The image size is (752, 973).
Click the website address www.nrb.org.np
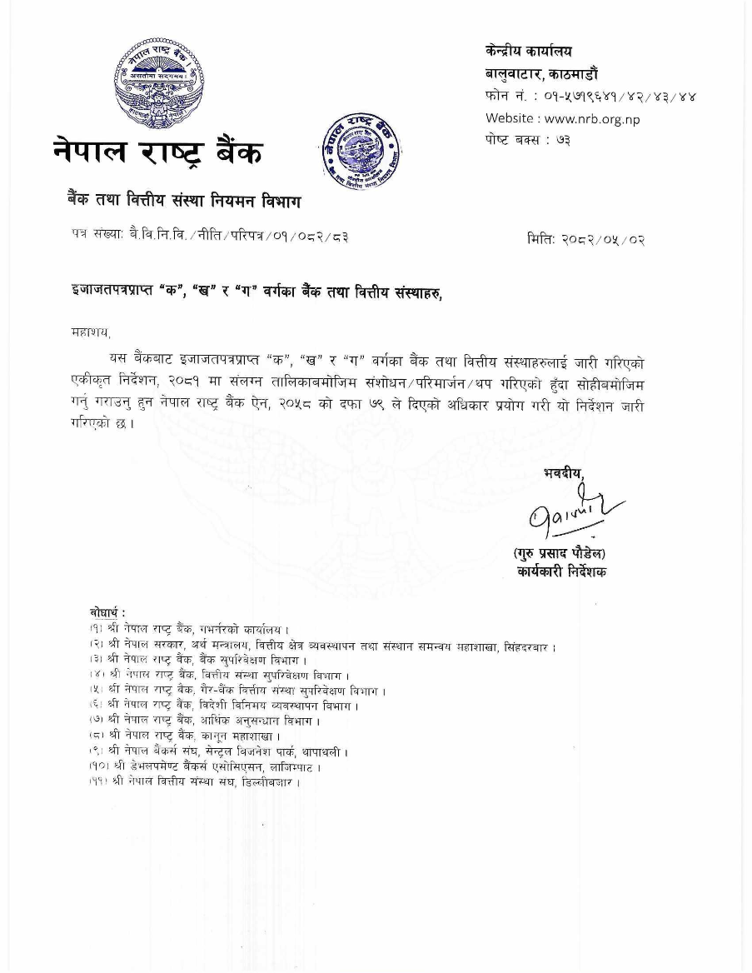[x=562, y=118]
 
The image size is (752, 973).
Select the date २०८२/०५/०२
[x=585, y=240]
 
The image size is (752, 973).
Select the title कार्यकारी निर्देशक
[x=560, y=571]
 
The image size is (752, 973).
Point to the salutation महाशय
[x=91, y=333]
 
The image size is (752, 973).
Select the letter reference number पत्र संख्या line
[x=209, y=237]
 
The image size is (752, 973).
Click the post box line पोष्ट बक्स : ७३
[x=528, y=140]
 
